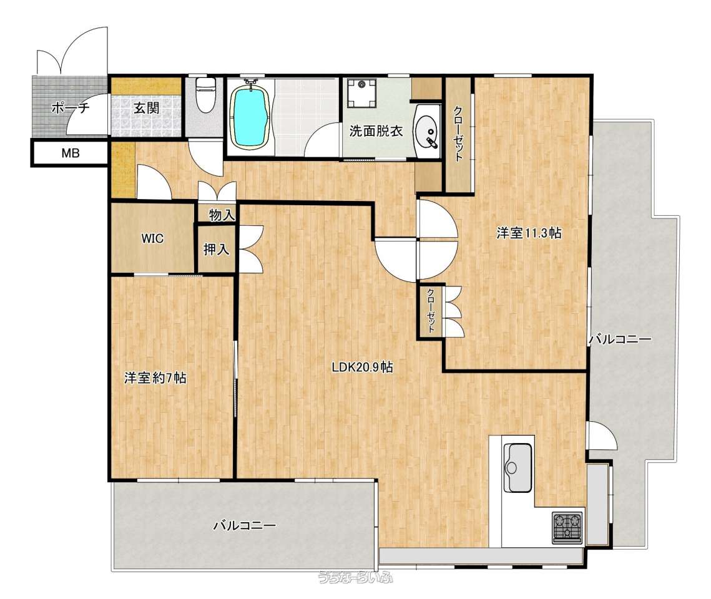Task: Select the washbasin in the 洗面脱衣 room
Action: pyautogui.click(x=428, y=132)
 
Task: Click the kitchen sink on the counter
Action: pyautogui.click(x=518, y=467)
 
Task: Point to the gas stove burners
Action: pyautogui.click(x=567, y=527)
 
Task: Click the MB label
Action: pyautogui.click(x=71, y=153)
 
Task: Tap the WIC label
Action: pyautogui.click(x=152, y=238)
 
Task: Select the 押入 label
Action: pyautogui.click(x=216, y=249)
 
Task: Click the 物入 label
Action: pyautogui.click(x=222, y=215)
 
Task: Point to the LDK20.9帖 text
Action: pyautogui.click(x=362, y=367)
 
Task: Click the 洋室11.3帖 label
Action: pyautogui.click(x=529, y=233)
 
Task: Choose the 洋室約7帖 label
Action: pyautogui.click(x=155, y=378)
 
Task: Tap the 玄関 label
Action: pyautogui.click(x=147, y=108)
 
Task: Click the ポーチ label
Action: pyautogui.click(x=71, y=108)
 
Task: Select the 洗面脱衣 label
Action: pyautogui.click(x=376, y=132)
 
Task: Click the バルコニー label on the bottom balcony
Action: pyautogui.click(x=245, y=526)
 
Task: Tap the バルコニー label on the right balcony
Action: pyautogui.click(x=620, y=339)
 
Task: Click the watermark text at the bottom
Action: pyautogui.click(x=356, y=577)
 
